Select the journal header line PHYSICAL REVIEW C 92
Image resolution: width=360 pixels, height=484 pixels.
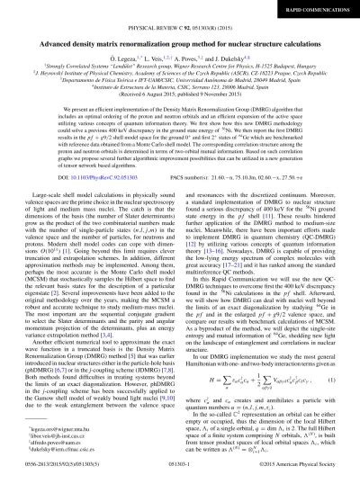180,27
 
